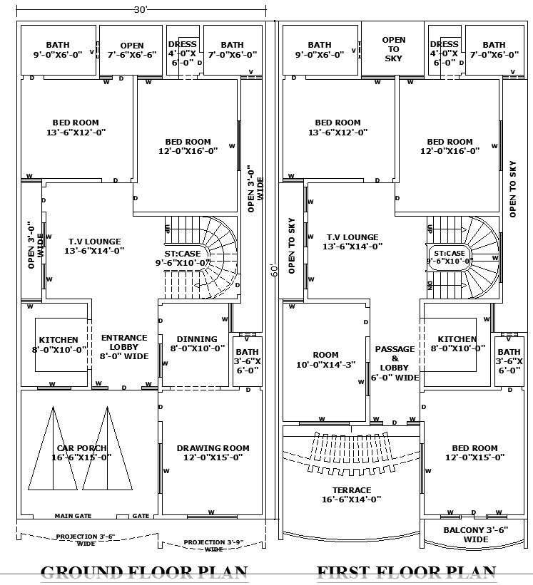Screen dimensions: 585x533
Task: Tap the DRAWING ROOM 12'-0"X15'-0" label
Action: coord(213,452)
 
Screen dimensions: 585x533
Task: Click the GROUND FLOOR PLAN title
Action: coord(144,572)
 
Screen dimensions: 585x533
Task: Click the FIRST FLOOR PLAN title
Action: coord(406,572)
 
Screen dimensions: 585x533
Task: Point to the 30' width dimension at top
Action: coord(141,9)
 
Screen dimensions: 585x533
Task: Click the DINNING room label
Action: coord(197,343)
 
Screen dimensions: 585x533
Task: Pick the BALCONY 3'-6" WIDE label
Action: coord(475,534)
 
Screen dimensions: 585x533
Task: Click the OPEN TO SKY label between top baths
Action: coord(393,49)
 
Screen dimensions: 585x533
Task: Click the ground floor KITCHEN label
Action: coord(59,345)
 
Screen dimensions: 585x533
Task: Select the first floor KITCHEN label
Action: coord(457,344)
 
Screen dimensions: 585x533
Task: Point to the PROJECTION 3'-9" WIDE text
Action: coord(213,545)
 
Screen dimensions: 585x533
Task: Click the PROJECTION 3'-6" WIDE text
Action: coord(86,539)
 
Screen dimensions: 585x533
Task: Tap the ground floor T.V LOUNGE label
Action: coord(94,246)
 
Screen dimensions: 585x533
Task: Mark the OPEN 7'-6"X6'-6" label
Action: coord(131,50)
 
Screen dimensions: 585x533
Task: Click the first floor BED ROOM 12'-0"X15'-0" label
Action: coord(474,452)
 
